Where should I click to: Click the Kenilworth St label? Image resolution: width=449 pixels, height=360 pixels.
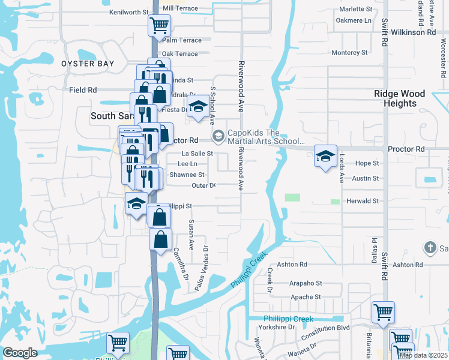129,12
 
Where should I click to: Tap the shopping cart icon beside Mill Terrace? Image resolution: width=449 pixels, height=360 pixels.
160,26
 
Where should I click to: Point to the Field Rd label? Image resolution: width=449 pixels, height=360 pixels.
83,90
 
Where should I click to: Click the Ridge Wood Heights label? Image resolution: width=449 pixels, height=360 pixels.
399,98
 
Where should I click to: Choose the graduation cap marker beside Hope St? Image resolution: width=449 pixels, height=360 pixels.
324,157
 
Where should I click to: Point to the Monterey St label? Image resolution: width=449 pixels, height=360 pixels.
349,53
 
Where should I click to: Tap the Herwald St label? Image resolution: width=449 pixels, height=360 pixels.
363,201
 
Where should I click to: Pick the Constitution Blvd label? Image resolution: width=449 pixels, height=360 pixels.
327,328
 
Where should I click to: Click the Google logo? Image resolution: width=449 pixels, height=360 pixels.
20,353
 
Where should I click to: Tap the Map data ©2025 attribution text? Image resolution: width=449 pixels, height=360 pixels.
423,355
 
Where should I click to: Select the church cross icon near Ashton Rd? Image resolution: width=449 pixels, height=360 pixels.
430,247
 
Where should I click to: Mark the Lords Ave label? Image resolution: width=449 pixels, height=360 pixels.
341,169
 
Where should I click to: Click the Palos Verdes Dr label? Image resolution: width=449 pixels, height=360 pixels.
200,268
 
